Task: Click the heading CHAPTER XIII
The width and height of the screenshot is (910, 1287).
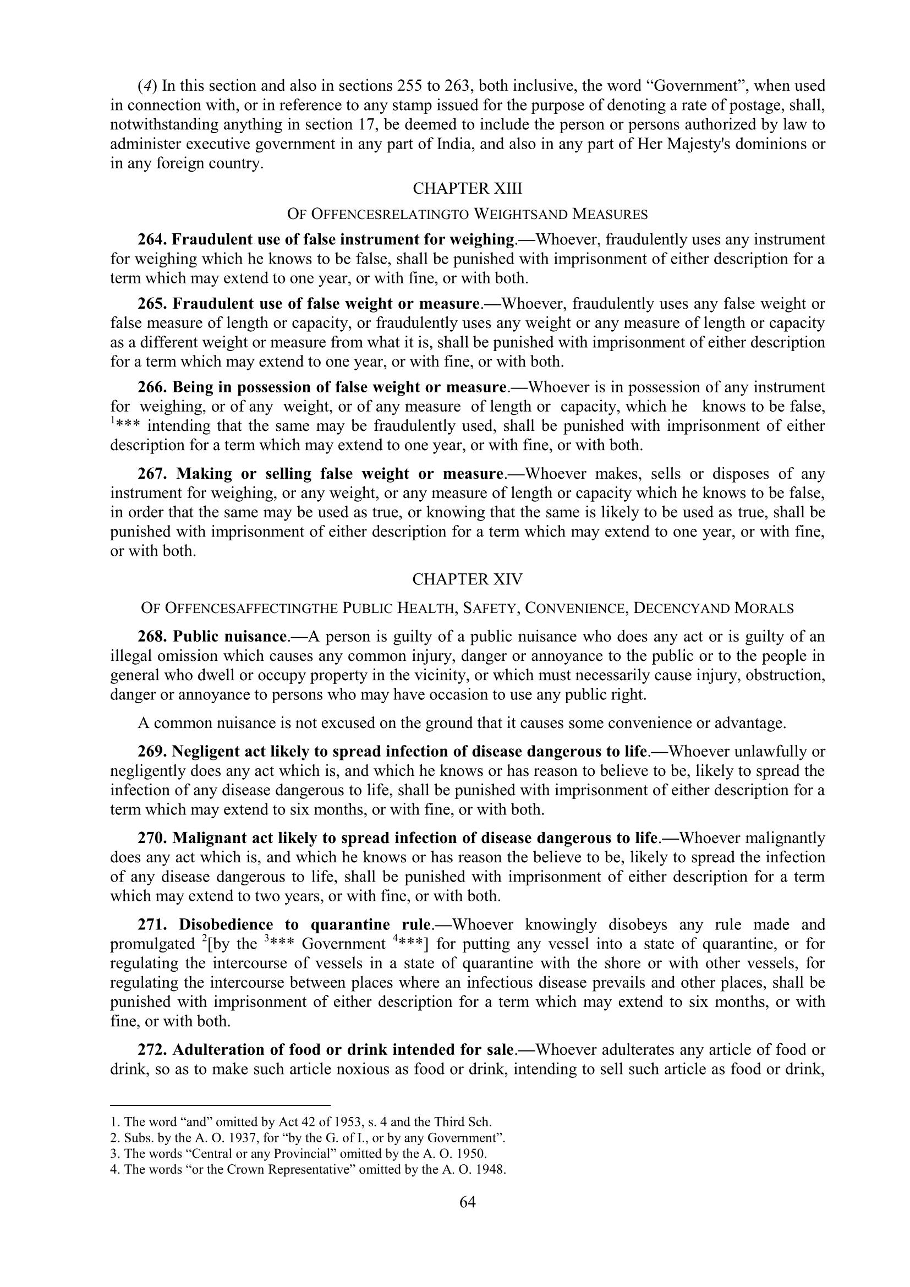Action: [467, 189]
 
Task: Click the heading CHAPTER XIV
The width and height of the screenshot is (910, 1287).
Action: [467, 579]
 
